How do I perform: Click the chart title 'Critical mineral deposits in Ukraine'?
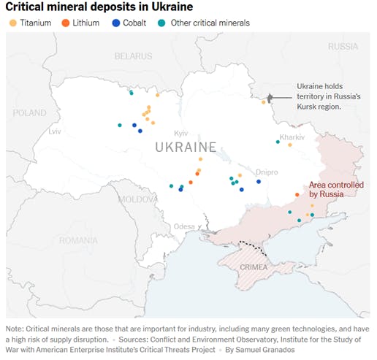(100, 7)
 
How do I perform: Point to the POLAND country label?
(29, 114)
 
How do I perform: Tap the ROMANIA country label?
(78, 240)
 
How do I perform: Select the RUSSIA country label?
(343, 46)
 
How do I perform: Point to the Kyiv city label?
(181, 133)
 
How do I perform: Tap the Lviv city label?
(55, 132)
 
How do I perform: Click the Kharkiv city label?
(292, 137)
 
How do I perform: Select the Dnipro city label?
(267, 172)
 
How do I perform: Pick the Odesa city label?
(184, 226)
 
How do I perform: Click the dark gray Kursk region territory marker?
(270, 98)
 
